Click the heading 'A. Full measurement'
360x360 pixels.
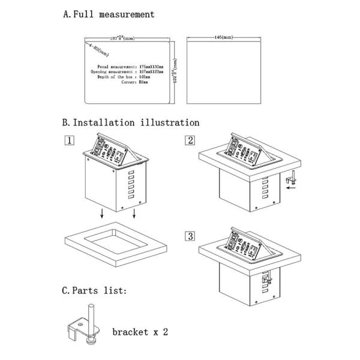pos(109,14)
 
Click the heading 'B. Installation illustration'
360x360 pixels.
pos(130,122)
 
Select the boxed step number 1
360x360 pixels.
pos(70,141)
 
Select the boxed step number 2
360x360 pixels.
pos(190,141)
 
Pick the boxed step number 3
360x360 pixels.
pos(190,236)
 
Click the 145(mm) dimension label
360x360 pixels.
pos(223,38)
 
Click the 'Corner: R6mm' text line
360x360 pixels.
pos(138,83)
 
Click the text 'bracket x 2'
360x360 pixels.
pos(139,331)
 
